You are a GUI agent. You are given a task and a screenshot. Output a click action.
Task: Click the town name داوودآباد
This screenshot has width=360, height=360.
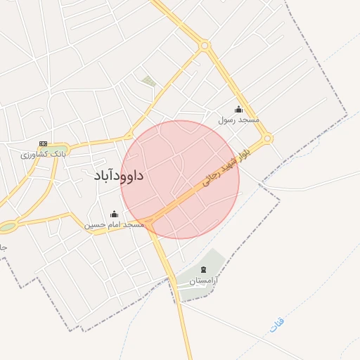(118, 176)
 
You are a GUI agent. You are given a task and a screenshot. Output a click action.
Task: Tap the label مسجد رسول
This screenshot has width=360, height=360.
(238, 120)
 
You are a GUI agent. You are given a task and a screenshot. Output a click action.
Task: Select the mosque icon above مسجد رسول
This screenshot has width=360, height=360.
(238, 109)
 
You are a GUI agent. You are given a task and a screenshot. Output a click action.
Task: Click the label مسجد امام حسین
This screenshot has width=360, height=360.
(115, 225)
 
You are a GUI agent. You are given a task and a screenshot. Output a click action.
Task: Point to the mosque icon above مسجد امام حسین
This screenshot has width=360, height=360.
(115, 214)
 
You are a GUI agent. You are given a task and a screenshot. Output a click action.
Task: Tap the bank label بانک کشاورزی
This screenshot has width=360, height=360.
(43, 154)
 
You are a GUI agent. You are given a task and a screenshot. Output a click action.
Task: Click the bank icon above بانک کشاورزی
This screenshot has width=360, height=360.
(43, 143)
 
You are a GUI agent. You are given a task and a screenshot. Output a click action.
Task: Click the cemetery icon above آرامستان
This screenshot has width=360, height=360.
(204, 270)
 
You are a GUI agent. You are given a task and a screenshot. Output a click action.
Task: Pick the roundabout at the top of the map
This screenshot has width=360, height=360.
(205, 46)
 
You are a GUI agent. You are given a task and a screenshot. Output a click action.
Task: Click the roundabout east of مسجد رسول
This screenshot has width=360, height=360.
(268, 139)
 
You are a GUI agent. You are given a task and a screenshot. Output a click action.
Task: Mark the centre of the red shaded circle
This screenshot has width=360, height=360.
(180, 179)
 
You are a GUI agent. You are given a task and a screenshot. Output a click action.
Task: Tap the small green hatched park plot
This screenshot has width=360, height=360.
(149, 82)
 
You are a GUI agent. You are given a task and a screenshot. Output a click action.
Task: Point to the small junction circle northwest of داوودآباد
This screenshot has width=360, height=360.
(128, 136)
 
